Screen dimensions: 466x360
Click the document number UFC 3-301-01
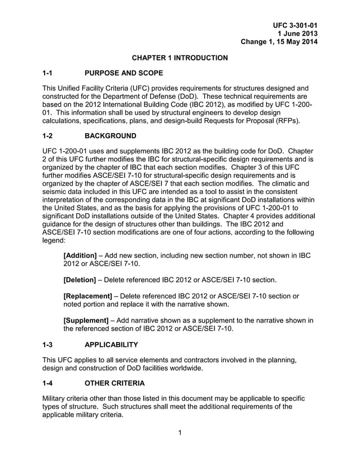click(295, 25)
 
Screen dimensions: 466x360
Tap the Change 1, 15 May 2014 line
click(279, 42)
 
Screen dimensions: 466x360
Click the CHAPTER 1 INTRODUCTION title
click(180, 58)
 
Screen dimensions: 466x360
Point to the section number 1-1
click(49, 73)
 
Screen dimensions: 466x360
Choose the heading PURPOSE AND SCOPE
click(124, 73)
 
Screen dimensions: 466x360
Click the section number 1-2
click(49, 137)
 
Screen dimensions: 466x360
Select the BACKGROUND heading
click(110, 137)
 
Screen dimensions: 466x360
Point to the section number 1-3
click(49, 344)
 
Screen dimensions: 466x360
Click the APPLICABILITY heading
click(111, 344)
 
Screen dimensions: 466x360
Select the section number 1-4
click(49, 383)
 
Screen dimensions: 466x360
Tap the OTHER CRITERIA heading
click(115, 383)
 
